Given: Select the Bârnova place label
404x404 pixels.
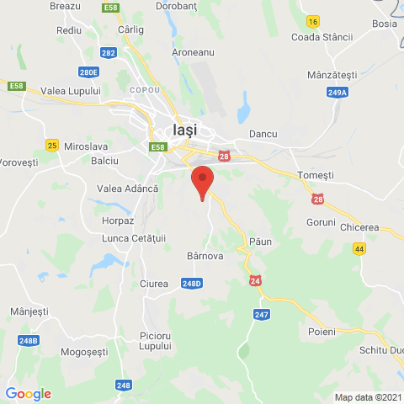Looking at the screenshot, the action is pyautogui.click(x=204, y=256).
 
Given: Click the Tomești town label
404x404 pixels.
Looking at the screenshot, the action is pyautogui.click(x=316, y=174).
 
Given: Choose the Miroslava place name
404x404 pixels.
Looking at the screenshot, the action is pyautogui.click(x=87, y=145).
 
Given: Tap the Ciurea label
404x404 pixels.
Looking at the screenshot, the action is pyautogui.click(x=154, y=283).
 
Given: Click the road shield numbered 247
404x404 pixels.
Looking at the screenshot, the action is pyautogui.click(x=262, y=314).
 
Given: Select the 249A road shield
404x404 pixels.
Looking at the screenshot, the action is pyautogui.click(x=338, y=92).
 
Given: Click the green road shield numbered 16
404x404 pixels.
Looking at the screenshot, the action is pyautogui.click(x=313, y=21).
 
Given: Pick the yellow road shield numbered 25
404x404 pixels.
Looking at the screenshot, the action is pyautogui.click(x=52, y=146).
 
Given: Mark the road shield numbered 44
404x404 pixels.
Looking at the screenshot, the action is pyautogui.click(x=359, y=249).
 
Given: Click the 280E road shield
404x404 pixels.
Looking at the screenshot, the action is pyautogui.click(x=89, y=72).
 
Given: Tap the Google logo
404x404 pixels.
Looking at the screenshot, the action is pyautogui.click(x=29, y=394).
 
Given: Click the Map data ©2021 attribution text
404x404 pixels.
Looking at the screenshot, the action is pyautogui.click(x=368, y=397).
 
